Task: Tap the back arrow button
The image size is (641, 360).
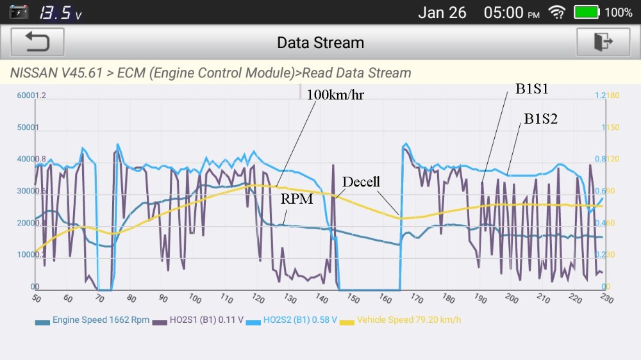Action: (x=37, y=42)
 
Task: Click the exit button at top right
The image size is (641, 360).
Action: (x=603, y=42)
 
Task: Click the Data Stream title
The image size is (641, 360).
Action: (x=320, y=43)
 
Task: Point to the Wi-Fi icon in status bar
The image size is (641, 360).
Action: (x=557, y=12)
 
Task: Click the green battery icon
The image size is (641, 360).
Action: (x=587, y=12)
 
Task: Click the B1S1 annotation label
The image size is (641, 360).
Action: (x=532, y=90)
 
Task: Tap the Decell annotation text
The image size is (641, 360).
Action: (x=361, y=182)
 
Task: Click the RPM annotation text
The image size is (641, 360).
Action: (x=297, y=199)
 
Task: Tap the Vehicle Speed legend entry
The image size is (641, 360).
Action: (x=402, y=320)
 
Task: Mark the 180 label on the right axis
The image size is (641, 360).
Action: (x=613, y=95)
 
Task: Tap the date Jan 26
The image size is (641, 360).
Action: (x=442, y=12)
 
